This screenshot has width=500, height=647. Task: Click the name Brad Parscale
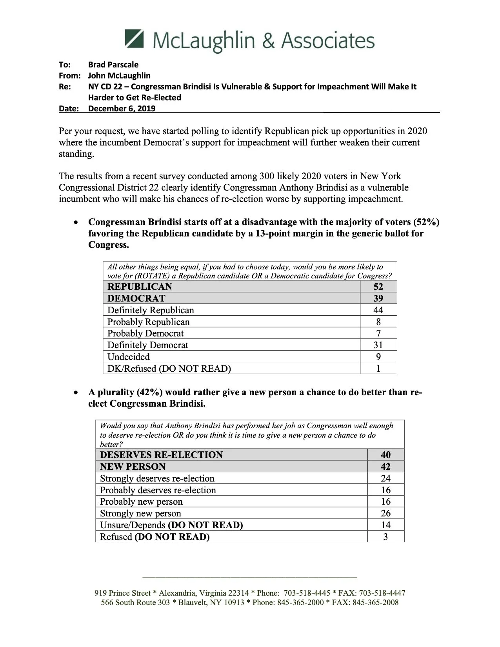113,64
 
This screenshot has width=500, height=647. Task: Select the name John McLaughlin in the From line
119,75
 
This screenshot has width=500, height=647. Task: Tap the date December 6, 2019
122,109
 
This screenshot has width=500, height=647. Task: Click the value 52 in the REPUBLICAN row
378,287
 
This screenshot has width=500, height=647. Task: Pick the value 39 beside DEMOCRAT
378,298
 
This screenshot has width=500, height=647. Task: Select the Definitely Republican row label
151,310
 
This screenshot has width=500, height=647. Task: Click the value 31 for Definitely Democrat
378,345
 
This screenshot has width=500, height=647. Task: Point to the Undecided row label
129,357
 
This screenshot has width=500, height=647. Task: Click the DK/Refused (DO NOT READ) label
169,369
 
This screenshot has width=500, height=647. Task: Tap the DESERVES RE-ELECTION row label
161,455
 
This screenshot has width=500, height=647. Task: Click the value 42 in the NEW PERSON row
385,467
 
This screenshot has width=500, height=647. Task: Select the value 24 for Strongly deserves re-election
385,478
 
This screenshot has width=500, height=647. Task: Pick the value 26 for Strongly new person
385,513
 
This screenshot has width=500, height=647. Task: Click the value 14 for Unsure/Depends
385,525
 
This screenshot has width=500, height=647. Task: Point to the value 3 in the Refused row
385,537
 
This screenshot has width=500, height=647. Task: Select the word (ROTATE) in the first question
150,276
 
